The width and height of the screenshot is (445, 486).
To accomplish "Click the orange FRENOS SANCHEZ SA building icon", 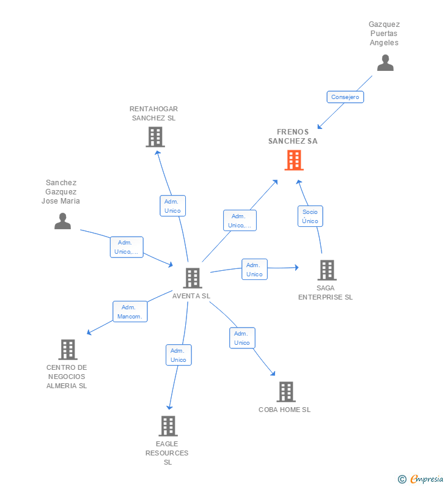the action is pos(294,160).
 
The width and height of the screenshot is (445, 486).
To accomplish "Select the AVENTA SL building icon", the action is pos(193,278).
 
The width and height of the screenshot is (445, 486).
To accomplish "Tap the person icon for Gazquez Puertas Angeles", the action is pos(385,62).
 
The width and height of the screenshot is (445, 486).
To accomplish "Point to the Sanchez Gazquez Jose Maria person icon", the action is pos(62,221).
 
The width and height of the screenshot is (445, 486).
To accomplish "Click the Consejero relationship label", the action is pos(345,97).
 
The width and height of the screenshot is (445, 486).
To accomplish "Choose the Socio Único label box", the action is pos(310,216).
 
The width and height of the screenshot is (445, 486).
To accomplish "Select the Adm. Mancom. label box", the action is pos(130,312).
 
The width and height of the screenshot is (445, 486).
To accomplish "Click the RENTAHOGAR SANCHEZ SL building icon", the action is pos(155,137).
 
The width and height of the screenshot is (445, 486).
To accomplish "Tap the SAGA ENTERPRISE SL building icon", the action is pos(327,270).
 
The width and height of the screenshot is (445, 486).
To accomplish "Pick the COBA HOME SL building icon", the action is pos(286,392).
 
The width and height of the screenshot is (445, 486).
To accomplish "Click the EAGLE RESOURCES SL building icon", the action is pos(168,426).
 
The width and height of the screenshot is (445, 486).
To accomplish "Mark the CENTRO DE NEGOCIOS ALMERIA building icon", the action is pos(68,350).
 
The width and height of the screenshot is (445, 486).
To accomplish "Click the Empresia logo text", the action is pos(427,479).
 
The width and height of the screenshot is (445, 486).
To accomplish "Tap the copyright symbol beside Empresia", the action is pos(402,479).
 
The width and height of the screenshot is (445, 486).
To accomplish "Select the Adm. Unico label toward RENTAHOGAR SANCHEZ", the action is pos(172,206).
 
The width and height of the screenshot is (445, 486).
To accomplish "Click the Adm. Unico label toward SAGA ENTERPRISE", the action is pos(254,270).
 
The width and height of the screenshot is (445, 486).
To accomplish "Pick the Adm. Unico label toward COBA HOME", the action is pos(242,338).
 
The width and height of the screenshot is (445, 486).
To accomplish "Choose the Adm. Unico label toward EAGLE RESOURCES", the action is pos(178,355).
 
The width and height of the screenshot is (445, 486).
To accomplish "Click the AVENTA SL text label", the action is pos(191,296).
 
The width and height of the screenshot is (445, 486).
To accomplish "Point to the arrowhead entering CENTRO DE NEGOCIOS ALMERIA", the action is pos(89,333).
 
